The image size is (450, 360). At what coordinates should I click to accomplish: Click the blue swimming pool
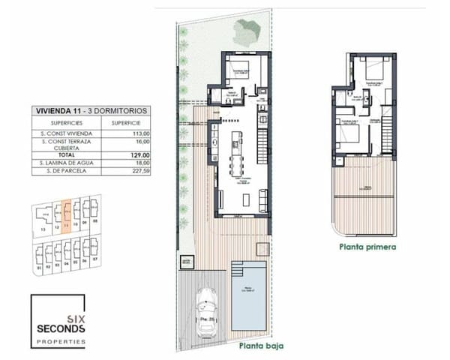point(250,296)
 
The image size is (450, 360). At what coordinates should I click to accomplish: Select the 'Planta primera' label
point(366,245)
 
